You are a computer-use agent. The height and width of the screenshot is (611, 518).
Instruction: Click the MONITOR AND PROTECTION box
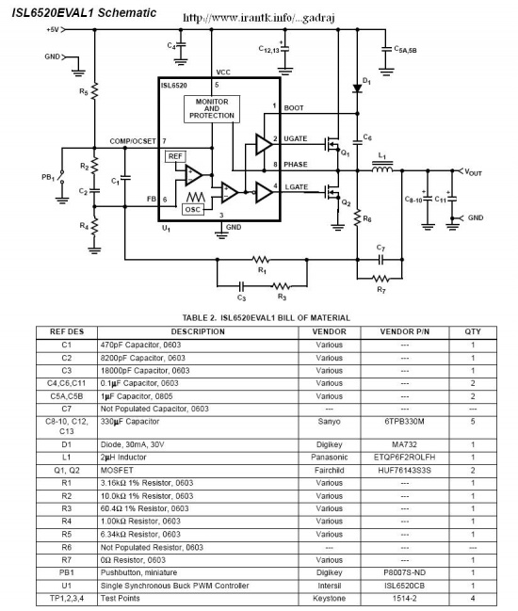click(212, 108)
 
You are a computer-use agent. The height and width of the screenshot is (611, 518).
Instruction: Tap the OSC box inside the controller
click(193, 210)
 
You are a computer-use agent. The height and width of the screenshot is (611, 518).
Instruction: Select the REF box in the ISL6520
click(175, 156)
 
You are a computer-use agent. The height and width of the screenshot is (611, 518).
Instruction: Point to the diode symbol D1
click(357, 88)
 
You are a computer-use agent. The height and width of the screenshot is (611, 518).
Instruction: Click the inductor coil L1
click(382, 169)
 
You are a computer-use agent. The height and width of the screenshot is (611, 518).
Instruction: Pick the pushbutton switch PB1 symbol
click(61, 177)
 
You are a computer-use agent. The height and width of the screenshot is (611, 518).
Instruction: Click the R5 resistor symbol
click(94, 91)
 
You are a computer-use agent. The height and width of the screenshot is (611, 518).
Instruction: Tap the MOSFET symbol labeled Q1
click(332, 145)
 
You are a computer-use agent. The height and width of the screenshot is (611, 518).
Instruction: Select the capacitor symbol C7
click(380, 259)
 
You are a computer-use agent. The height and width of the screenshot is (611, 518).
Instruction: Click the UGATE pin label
click(296, 138)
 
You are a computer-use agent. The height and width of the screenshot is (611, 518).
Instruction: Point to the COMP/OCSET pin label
click(133, 141)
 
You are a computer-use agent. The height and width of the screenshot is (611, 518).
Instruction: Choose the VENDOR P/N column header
click(405, 331)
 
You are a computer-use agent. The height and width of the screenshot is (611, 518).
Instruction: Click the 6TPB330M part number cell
click(405, 421)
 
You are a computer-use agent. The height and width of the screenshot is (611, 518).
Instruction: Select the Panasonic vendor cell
click(330, 458)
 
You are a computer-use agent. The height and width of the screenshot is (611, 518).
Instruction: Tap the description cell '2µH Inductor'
click(123, 458)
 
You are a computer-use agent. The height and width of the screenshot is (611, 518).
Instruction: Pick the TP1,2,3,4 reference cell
click(67, 598)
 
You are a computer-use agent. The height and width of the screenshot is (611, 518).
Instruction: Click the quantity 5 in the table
click(473, 421)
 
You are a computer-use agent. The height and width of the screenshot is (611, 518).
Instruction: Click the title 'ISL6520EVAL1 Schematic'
click(84, 12)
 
